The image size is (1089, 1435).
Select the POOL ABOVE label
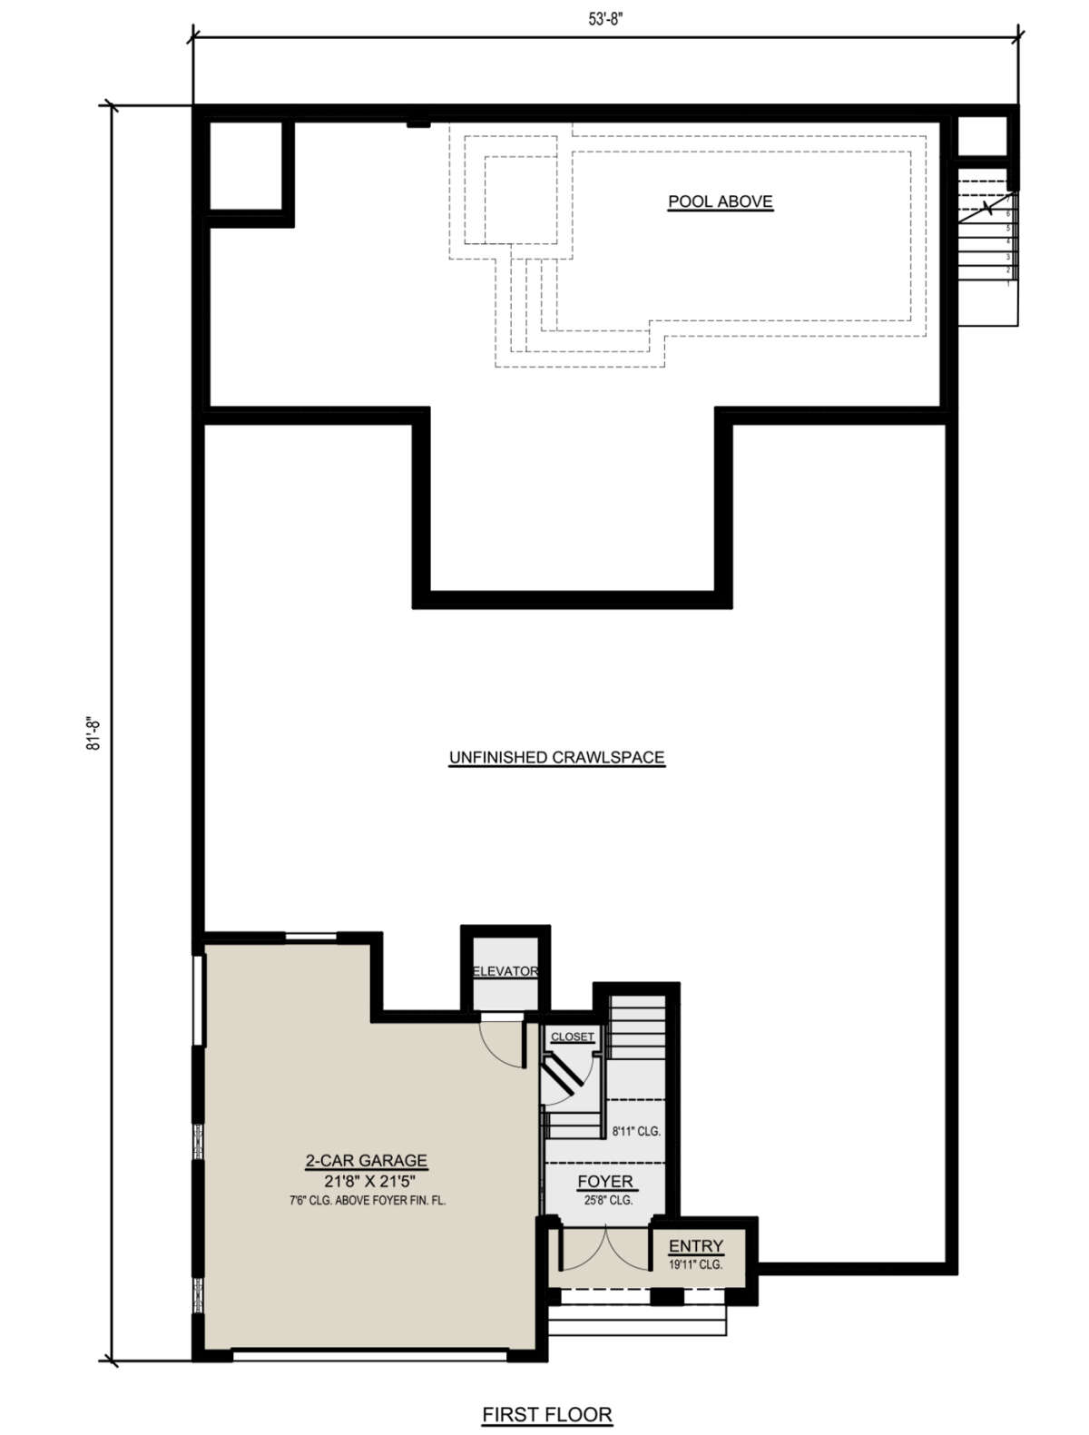[721, 201]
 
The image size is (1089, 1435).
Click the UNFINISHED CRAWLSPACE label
[557, 757]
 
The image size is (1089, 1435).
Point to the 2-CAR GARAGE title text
[366, 1160]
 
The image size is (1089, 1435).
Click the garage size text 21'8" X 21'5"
[366, 1181]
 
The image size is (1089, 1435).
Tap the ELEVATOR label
[505, 971]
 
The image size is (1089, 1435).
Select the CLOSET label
[572, 1037]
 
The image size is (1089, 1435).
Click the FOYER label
[605, 1182]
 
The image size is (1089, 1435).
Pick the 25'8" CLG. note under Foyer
[607, 1200]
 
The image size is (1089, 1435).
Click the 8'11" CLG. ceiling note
[636, 1132]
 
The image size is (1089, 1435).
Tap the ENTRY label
[696, 1246]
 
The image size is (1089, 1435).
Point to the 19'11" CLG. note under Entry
[696, 1264]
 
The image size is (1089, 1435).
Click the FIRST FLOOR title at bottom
[546, 1414]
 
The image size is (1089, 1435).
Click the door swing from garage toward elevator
[502, 1044]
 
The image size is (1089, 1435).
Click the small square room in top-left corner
[245, 166]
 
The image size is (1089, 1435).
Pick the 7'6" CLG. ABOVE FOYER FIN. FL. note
[367, 1200]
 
